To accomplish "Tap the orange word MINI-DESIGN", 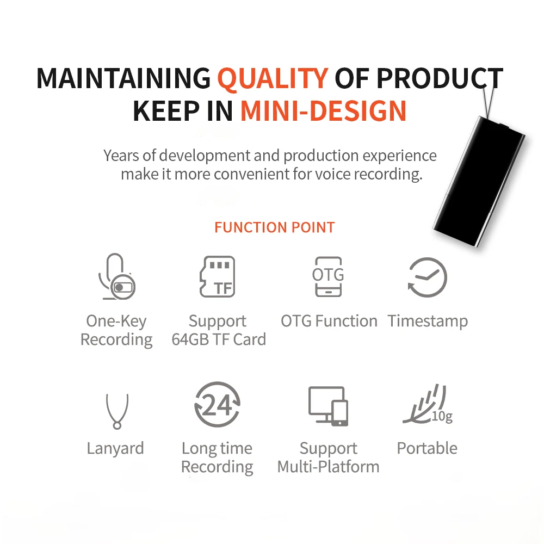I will click(323, 110).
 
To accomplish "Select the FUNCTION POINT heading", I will click(274, 227).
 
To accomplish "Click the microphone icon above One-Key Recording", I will click(116, 277).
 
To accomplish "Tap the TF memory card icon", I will click(217, 277).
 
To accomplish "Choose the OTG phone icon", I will click(329, 277).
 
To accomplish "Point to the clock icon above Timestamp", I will click(428, 277).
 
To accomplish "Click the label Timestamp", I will click(428, 321).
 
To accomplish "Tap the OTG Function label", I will click(329, 321).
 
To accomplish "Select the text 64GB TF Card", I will click(219, 339).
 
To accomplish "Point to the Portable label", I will click(427, 448).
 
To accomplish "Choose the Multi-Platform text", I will click(329, 467).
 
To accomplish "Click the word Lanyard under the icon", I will click(115, 448).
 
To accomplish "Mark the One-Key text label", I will click(116, 321).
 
